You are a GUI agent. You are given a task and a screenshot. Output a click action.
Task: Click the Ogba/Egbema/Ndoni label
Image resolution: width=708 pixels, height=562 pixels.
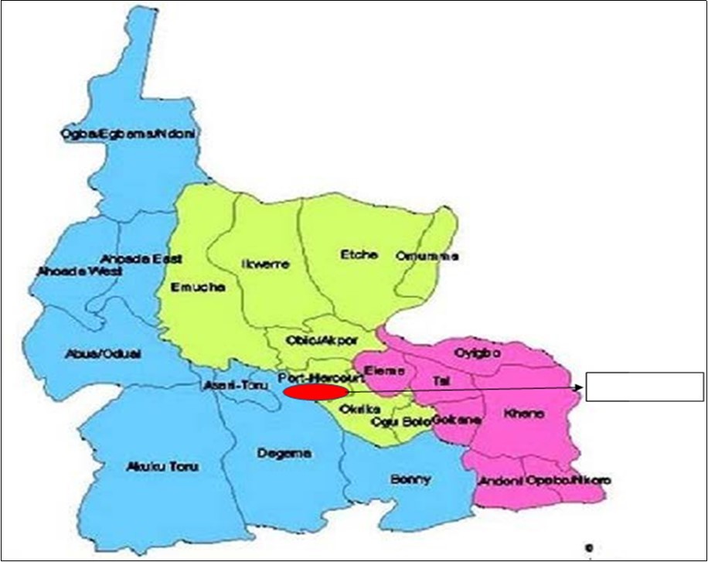coord(129,135)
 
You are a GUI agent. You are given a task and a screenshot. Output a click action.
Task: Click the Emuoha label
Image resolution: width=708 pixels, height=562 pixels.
coord(196,287)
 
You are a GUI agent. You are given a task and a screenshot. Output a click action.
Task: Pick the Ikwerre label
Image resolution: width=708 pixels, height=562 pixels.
coord(265,264)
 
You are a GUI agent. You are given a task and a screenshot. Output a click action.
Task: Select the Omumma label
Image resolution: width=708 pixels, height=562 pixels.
coord(427,256)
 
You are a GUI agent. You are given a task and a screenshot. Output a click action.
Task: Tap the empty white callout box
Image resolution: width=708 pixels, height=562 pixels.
coord(644,387)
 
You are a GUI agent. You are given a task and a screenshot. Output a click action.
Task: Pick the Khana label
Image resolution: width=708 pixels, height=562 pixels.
coord(524,415)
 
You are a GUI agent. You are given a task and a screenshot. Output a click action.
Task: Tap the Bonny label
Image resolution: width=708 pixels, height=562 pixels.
coord(410,479)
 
